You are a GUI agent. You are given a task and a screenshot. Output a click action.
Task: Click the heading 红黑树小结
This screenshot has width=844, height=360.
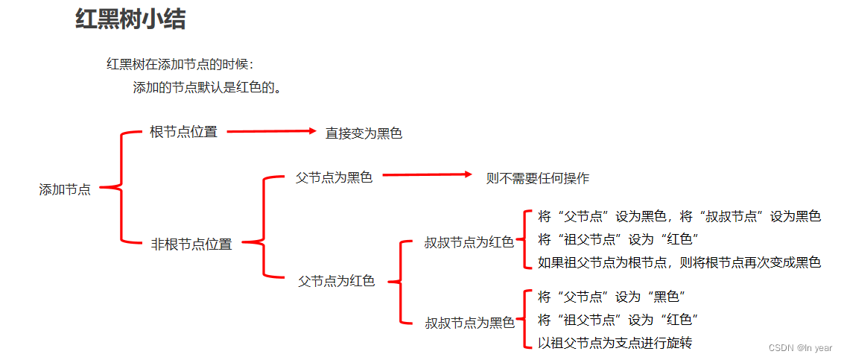(x=130, y=20)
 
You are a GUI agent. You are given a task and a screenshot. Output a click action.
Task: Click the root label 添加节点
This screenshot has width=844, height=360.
(x=65, y=189)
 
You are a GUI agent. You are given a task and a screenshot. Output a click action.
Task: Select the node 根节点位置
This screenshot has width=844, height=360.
(x=183, y=132)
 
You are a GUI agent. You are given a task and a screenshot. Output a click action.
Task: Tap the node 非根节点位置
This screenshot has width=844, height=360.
(x=191, y=244)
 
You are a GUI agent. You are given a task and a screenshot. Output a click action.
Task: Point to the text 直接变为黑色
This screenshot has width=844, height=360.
(x=364, y=133)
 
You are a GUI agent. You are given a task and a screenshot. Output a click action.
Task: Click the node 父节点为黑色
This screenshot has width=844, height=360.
(x=334, y=177)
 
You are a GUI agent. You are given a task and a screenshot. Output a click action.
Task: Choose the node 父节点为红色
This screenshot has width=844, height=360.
(x=336, y=281)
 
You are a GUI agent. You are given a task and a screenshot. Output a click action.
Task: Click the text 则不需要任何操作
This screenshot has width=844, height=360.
(x=537, y=178)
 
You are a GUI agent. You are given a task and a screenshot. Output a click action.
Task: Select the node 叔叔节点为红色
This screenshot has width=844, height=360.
(x=469, y=242)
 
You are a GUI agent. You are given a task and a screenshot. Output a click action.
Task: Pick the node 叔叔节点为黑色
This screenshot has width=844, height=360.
(x=469, y=323)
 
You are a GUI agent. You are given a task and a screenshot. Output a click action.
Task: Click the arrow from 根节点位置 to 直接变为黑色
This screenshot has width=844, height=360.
(x=271, y=131)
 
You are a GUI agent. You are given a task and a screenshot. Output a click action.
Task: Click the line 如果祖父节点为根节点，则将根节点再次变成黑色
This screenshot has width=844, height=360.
(x=679, y=262)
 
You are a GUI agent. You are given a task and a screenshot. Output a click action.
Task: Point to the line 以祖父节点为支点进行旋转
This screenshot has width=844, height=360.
(x=615, y=343)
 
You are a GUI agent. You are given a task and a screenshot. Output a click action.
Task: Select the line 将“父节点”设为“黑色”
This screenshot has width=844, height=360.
(x=611, y=297)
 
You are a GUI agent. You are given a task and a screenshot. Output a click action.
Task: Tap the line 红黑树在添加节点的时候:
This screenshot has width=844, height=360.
(x=180, y=64)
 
